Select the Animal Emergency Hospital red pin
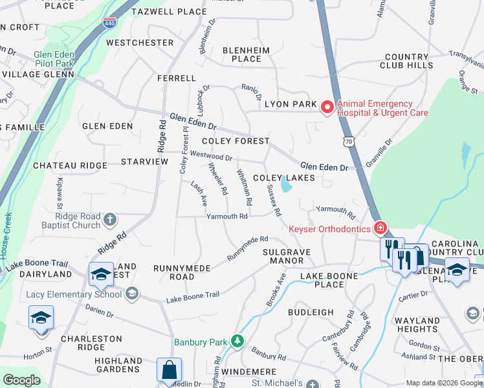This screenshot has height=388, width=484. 327,107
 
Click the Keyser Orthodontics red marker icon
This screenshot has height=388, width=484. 382,228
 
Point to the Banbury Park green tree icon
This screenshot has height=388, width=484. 238,341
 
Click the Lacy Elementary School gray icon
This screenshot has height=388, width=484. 132,294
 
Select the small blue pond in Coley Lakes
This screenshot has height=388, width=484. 285,187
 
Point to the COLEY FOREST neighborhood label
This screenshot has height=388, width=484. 235,141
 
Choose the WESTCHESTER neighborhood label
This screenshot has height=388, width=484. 140,43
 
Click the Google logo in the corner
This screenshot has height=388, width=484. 21,380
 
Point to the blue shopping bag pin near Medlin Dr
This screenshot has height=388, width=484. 169,371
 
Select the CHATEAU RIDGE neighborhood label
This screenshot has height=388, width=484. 70,166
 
